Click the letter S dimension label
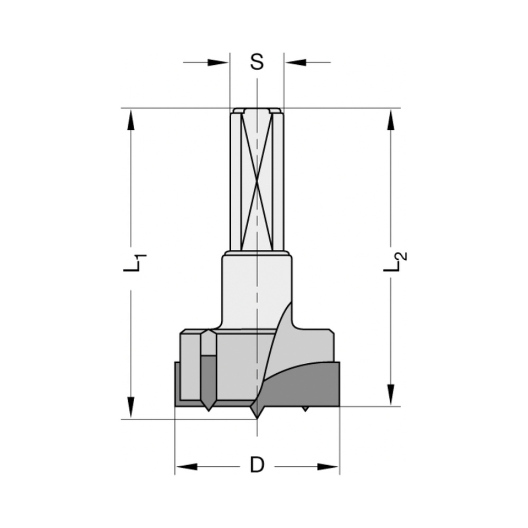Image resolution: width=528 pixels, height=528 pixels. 257,62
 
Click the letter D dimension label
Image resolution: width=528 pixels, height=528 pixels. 257,466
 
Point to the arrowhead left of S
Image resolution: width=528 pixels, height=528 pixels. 218,62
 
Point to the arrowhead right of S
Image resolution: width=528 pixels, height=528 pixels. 296,62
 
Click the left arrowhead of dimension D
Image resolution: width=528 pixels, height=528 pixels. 186,467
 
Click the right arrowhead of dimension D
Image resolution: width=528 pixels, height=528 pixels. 328,467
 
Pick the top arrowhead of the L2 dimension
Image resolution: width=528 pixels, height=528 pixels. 391,120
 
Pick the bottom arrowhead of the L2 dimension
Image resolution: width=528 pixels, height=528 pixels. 391,395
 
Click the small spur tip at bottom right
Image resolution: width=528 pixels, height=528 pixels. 305,409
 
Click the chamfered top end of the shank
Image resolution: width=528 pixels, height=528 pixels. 257,110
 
